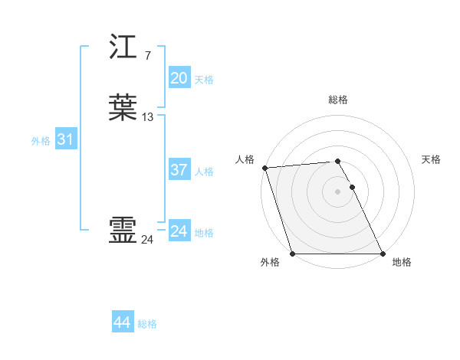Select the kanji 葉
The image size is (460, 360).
click(x=123, y=108)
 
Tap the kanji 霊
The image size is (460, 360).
click(x=123, y=230)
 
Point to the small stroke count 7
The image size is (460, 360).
click(x=147, y=56)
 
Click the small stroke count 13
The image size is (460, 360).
click(x=148, y=117)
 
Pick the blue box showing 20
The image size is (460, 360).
click(x=179, y=78)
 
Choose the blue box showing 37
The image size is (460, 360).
click(x=179, y=170)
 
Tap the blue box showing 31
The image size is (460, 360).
click(x=65, y=140)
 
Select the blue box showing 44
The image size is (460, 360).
click(x=122, y=322)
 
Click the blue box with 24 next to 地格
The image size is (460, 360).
click(x=179, y=231)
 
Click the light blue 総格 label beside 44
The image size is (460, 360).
click(x=147, y=324)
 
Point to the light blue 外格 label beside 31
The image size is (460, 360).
click(x=40, y=141)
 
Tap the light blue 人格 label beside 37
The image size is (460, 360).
click(x=205, y=172)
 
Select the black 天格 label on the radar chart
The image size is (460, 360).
click(x=431, y=159)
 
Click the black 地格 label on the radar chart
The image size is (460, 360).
click(x=402, y=262)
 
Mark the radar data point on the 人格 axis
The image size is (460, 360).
click(x=264, y=168)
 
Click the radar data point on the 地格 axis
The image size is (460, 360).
click(x=383, y=254)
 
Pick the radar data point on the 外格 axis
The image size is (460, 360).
click(x=292, y=254)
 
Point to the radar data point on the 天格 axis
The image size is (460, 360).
click(x=352, y=187)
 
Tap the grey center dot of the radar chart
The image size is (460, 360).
click(x=337, y=191)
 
